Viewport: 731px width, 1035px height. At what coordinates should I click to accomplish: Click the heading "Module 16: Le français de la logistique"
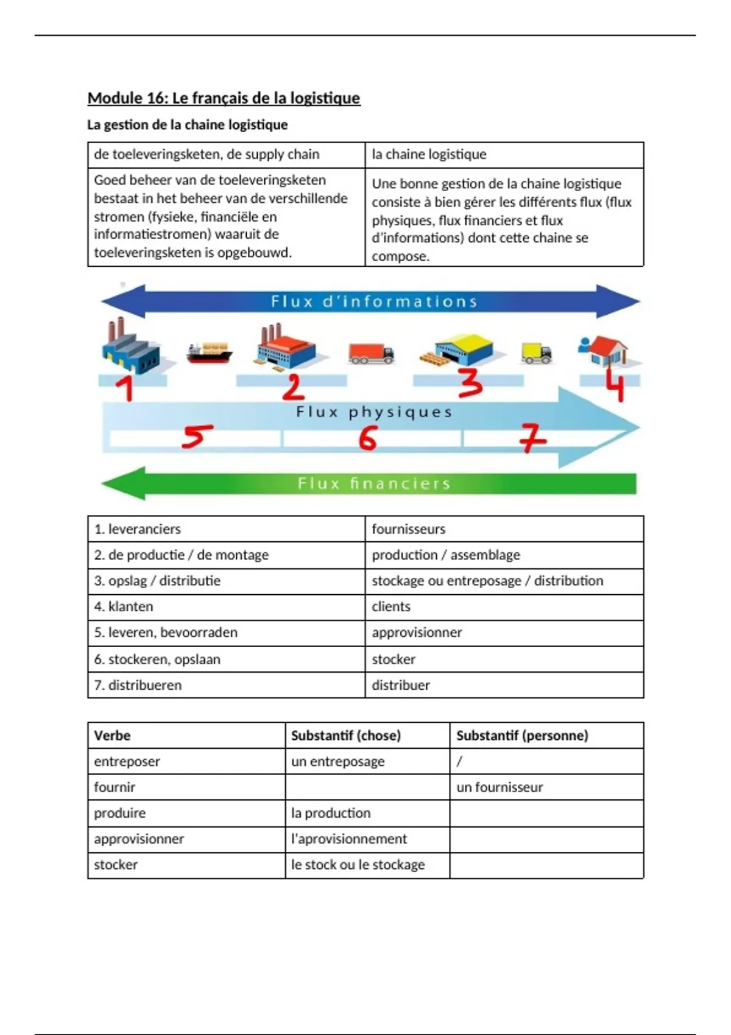pos(224,98)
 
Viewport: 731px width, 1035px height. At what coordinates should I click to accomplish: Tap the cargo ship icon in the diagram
pos(209,353)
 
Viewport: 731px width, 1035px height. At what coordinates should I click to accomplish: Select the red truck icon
pos(371,353)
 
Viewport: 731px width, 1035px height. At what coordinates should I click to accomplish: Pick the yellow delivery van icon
pos(537,353)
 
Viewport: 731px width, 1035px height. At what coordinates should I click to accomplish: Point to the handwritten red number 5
pos(197,436)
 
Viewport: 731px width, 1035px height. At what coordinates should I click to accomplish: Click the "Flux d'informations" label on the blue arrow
pos(374,301)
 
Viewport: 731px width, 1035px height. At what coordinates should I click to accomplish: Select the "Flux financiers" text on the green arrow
pos(374,484)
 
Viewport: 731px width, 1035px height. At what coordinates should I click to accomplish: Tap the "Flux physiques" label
pos(374,412)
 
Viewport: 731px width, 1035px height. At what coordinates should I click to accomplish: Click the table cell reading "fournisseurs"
pos(408,529)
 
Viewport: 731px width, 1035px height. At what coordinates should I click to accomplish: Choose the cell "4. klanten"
pos(124,606)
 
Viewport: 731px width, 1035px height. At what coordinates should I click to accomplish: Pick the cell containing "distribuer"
pos(401,685)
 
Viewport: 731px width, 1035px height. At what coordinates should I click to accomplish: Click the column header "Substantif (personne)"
pos(522,735)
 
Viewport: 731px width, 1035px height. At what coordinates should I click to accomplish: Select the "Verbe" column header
pos(112,735)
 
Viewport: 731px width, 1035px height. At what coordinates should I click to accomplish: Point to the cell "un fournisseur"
pos(500,787)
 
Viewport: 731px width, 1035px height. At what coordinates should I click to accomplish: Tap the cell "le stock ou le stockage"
pos(358,865)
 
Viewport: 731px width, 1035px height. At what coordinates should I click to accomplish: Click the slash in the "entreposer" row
pos(459,761)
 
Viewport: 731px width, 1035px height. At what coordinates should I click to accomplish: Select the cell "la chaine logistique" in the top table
pos(429,155)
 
